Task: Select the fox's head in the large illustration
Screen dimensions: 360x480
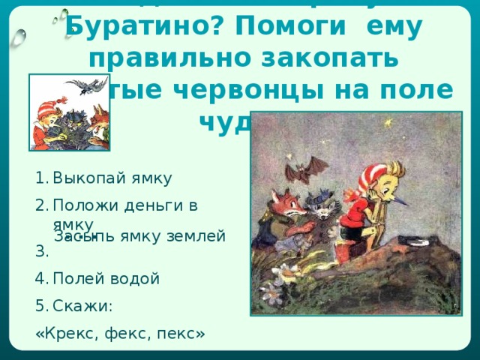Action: pyautogui.click(x=284, y=201)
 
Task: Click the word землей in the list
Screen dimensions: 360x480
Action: pyautogui.click(x=199, y=237)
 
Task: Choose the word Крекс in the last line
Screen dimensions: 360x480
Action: pyautogui.click(x=65, y=332)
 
